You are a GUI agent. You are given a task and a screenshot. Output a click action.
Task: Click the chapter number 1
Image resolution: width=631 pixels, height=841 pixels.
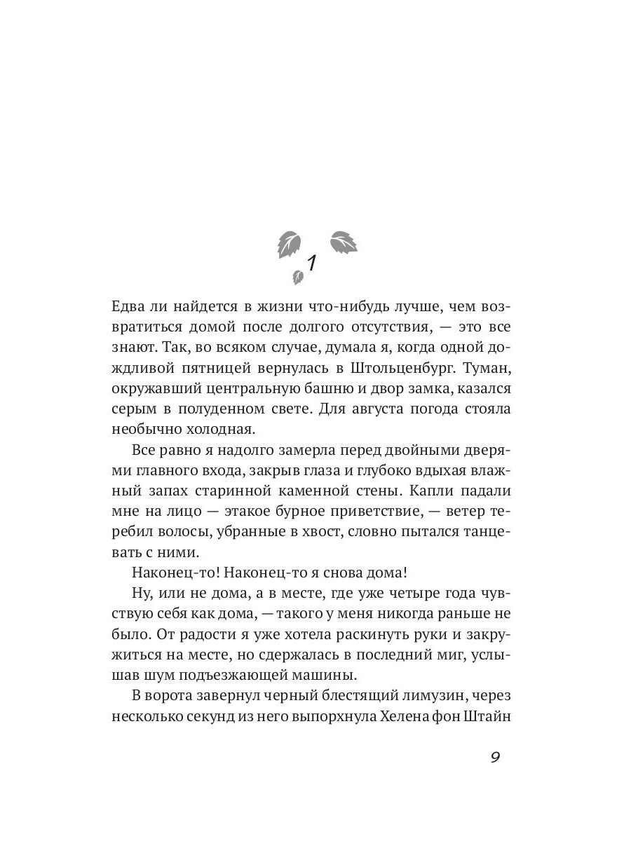312,264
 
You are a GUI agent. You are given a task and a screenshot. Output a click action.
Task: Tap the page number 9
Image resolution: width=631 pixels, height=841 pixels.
495,758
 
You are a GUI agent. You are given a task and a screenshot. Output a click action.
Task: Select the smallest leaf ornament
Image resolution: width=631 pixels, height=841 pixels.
297,278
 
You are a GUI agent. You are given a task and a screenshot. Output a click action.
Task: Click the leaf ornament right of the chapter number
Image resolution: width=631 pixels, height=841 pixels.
344,242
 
